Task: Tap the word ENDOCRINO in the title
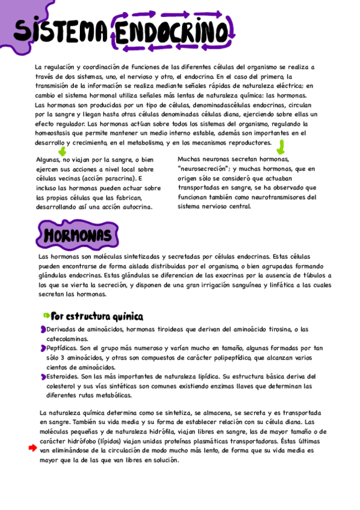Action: tap(170, 31)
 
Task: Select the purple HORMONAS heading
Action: tap(78, 234)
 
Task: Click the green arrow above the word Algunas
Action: tap(61, 152)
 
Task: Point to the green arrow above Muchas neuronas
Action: tap(280, 147)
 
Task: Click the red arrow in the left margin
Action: tap(34, 449)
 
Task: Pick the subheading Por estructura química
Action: tap(97, 316)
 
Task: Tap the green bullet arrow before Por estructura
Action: tap(46, 316)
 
